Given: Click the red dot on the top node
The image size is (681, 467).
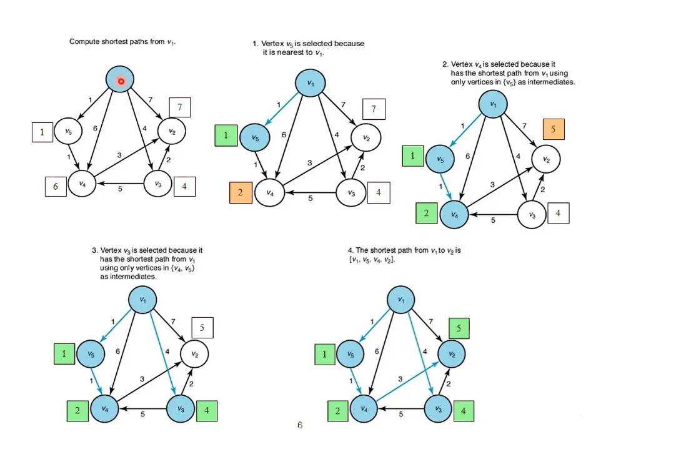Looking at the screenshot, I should pyautogui.click(x=121, y=81).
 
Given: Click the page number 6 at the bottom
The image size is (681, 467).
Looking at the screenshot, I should pyautogui.click(x=300, y=425).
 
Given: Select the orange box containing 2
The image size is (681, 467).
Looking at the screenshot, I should pyautogui.click(x=241, y=193).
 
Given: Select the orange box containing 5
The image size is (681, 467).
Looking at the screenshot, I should pyautogui.click(x=553, y=129).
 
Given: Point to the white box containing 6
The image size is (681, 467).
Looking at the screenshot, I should pyautogui.click(x=56, y=186).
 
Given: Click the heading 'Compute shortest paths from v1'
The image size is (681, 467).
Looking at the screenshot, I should pyautogui.click(x=122, y=42).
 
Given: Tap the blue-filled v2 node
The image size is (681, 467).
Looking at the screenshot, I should pyautogui.click(x=452, y=355).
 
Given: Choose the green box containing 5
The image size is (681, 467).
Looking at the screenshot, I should pyautogui.click(x=459, y=328).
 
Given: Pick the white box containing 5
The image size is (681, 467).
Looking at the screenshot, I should pyautogui.click(x=202, y=328).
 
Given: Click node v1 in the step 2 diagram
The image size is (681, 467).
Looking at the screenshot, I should pyautogui.click(x=493, y=104).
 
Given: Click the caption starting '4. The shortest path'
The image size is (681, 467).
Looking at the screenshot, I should pyautogui.click(x=404, y=255).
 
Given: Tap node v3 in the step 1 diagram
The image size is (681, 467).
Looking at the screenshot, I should pyautogui.click(x=352, y=193).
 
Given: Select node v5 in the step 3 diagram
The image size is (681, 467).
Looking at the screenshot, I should pyautogui.click(x=91, y=355).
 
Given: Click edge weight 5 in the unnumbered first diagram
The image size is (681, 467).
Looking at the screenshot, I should pyautogui.click(x=120, y=190).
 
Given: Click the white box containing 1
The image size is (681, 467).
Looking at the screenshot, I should pyautogui.click(x=42, y=132).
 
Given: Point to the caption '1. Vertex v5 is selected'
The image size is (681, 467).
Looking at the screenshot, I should pyautogui.click(x=308, y=48).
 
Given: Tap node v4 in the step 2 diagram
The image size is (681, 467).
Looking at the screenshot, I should pyautogui.click(x=454, y=215).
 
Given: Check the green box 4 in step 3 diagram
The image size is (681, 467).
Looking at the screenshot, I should pyautogui.click(x=207, y=411).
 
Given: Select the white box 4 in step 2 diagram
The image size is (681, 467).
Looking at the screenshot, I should pyautogui.click(x=558, y=214).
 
